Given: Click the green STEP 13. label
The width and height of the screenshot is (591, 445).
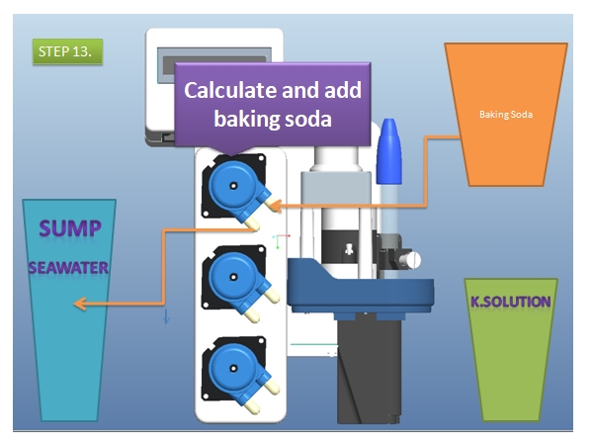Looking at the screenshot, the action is [x=67, y=51].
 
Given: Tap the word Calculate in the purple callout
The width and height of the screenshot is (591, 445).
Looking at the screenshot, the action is [x=230, y=90].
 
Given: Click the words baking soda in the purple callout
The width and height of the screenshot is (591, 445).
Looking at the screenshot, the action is [x=273, y=119].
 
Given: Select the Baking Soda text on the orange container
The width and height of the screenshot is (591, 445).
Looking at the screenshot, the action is [x=506, y=115].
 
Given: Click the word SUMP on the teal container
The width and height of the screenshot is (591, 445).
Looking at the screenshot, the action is [x=70, y=228].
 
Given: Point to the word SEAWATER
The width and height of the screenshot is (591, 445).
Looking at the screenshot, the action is [x=68, y=268].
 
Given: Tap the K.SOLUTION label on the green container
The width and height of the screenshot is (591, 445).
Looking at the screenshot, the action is [x=511, y=302].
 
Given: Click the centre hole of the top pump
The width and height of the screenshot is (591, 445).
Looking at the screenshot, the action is [x=233, y=186].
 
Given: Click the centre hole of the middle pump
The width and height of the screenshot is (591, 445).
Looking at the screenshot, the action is [x=233, y=277].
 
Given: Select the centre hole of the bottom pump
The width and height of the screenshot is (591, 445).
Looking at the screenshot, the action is [x=233, y=369].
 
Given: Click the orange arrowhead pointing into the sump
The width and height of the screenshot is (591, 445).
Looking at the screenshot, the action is [x=80, y=304].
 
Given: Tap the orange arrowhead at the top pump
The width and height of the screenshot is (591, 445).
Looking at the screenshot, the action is [x=276, y=206].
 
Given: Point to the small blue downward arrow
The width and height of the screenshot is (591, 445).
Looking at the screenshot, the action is [x=166, y=316].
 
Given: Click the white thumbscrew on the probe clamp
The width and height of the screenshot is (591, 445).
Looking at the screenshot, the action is [x=410, y=260].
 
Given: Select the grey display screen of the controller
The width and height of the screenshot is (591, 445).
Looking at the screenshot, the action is [x=214, y=60].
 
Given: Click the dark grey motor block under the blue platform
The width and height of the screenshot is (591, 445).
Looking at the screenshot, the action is [x=369, y=372].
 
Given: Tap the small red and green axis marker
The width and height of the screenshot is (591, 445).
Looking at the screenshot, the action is [x=281, y=241].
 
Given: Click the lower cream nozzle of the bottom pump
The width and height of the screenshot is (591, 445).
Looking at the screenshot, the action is [x=252, y=406].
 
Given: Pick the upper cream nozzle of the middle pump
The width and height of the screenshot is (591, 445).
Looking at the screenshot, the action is [x=272, y=295].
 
